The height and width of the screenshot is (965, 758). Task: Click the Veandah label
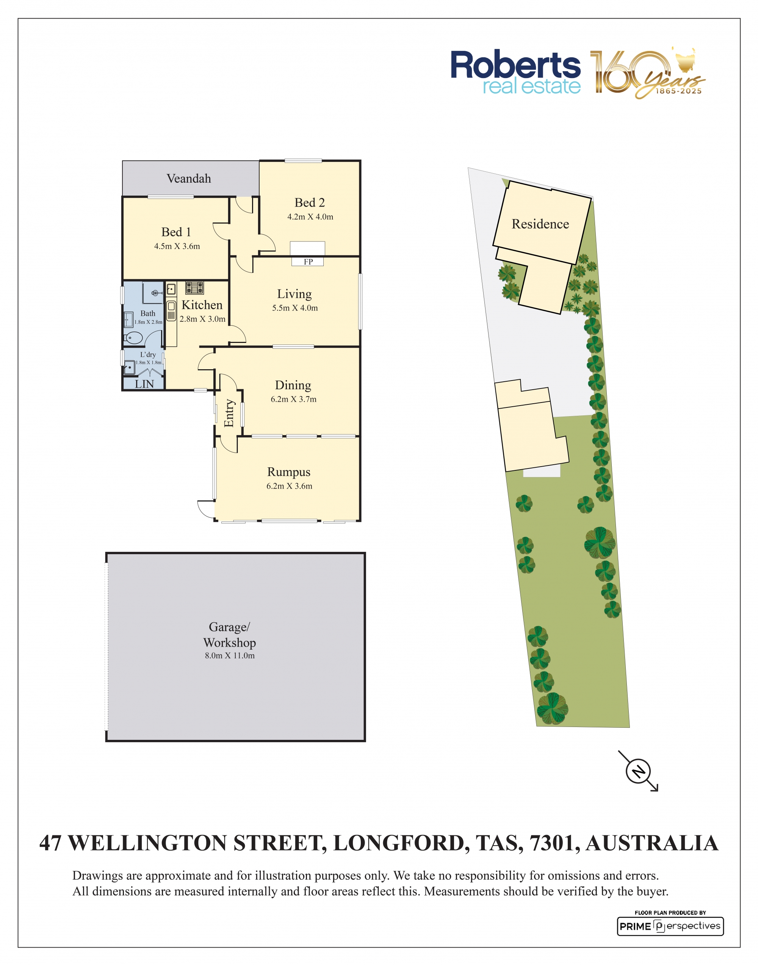tap(189, 179)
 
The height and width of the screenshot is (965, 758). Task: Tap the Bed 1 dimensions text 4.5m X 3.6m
tap(177, 246)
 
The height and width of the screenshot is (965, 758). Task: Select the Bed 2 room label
tap(310, 202)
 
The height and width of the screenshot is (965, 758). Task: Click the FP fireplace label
tap(308, 262)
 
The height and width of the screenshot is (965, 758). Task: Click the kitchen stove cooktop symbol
tap(194, 288)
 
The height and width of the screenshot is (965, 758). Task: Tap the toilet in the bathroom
tap(133, 338)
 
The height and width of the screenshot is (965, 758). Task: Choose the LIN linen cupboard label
tap(144, 384)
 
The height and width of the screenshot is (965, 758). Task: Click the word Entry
tap(229, 413)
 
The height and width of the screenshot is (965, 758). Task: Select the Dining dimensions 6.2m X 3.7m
tap(294, 399)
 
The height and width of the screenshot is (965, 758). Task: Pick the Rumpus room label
tap(289, 472)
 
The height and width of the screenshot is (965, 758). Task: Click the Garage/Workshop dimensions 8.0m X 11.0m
tap(230, 656)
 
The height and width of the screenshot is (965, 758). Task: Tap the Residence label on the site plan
tap(540, 224)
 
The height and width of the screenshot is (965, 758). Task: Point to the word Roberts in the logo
tap(516, 65)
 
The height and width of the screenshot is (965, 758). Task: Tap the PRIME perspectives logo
tap(670, 926)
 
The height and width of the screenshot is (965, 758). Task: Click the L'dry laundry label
tap(148, 354)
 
